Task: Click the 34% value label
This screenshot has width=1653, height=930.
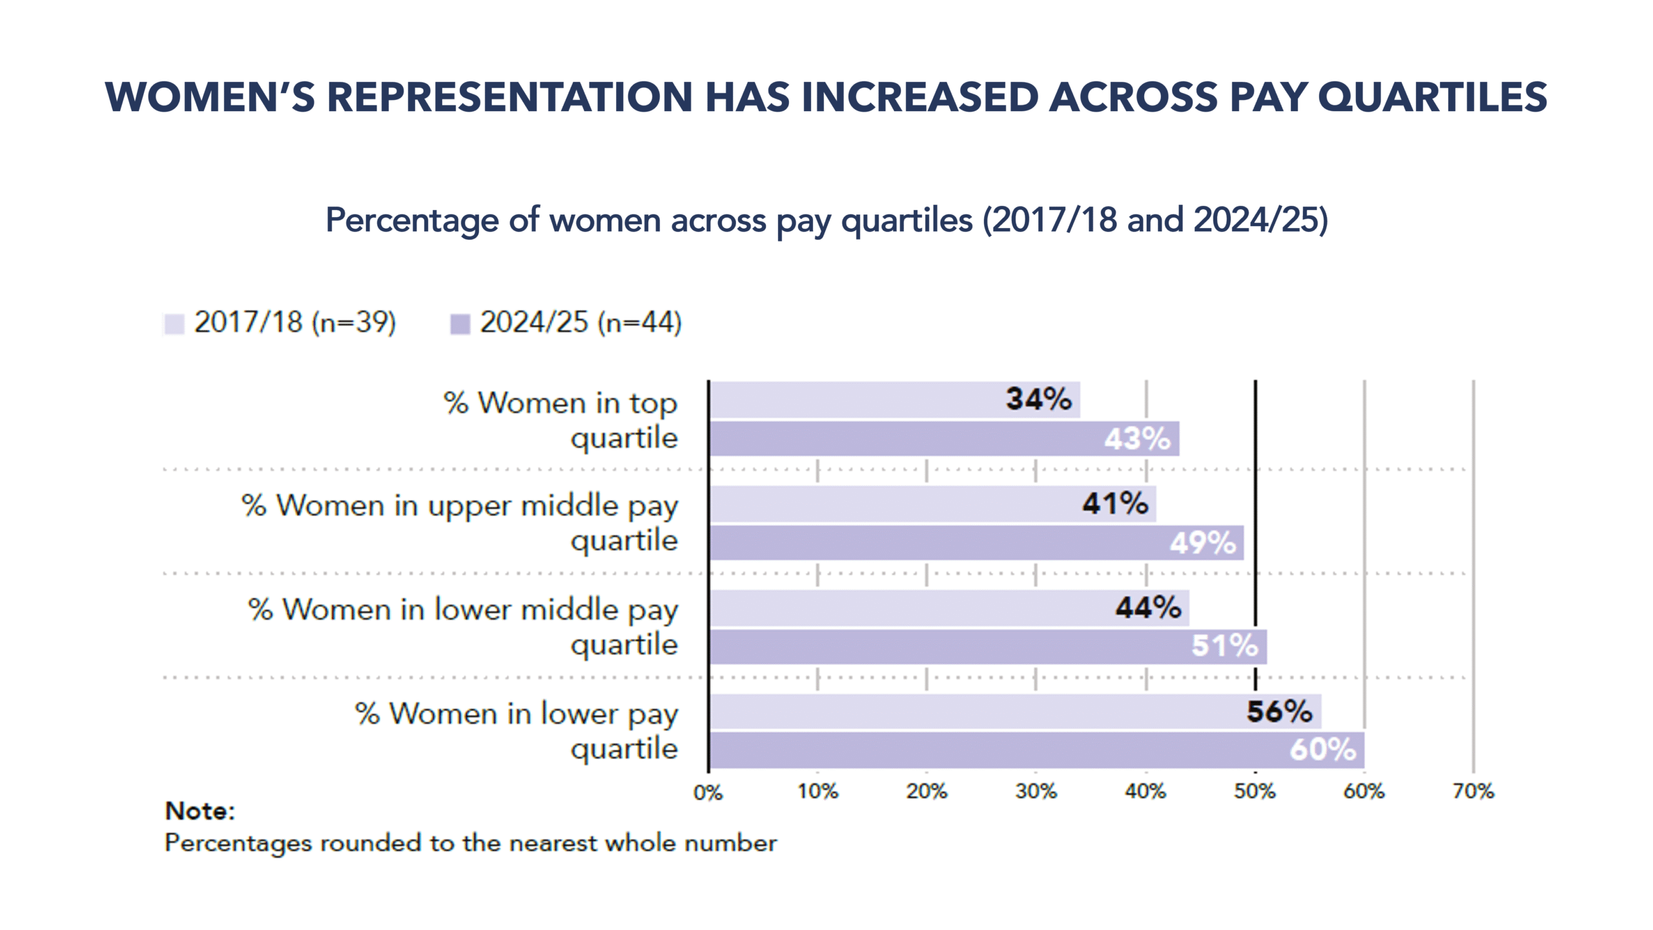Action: (1038, 399)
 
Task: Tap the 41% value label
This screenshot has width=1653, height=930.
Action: (1115, 504)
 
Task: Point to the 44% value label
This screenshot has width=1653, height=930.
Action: (1148, 608)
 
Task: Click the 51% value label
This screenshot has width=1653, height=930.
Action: (1224, 646)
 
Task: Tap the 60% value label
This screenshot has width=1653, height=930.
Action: (1322, 750)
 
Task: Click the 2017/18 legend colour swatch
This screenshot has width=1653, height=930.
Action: (174, 324)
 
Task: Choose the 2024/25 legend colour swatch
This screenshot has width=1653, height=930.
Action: (460, 324)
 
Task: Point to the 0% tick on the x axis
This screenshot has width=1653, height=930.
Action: (708, 792)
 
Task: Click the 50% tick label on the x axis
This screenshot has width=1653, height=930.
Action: (1255, 792)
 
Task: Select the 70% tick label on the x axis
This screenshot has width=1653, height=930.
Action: (1473, 792)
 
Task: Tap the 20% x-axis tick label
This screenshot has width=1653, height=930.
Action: (927, 792)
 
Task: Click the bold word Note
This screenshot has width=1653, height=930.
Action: (200, 811)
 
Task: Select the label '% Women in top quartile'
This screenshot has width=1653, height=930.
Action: (560, 420)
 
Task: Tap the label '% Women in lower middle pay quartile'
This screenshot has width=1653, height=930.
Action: (463, 627)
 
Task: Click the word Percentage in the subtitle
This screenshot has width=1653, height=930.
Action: (411, 220)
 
